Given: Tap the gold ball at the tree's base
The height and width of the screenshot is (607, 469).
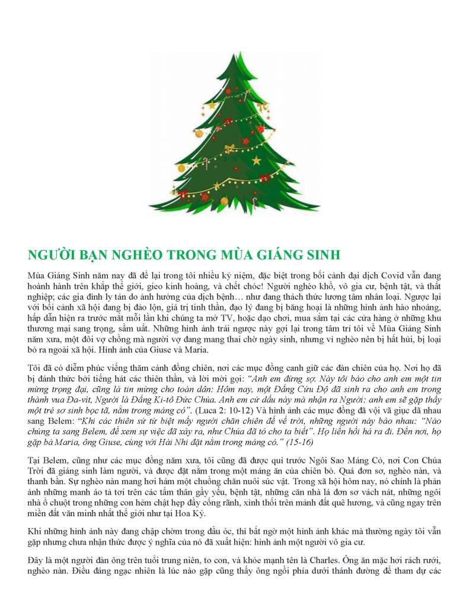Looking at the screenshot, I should click(181, 168).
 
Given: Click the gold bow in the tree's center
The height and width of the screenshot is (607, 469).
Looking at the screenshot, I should click(229, 148).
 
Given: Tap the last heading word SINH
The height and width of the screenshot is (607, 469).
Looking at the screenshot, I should click(323, 256).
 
